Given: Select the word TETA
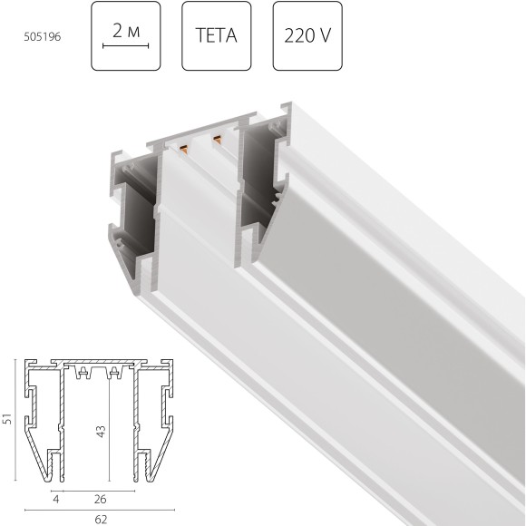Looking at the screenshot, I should pos(216,37).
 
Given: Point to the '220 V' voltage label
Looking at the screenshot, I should pos(307,37).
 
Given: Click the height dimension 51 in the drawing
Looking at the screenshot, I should pos(8,419).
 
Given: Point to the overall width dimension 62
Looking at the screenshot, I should pos(100,519).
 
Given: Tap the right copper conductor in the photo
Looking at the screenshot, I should pos(218,140).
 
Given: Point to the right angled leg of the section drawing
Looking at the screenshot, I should pos(161,458).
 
